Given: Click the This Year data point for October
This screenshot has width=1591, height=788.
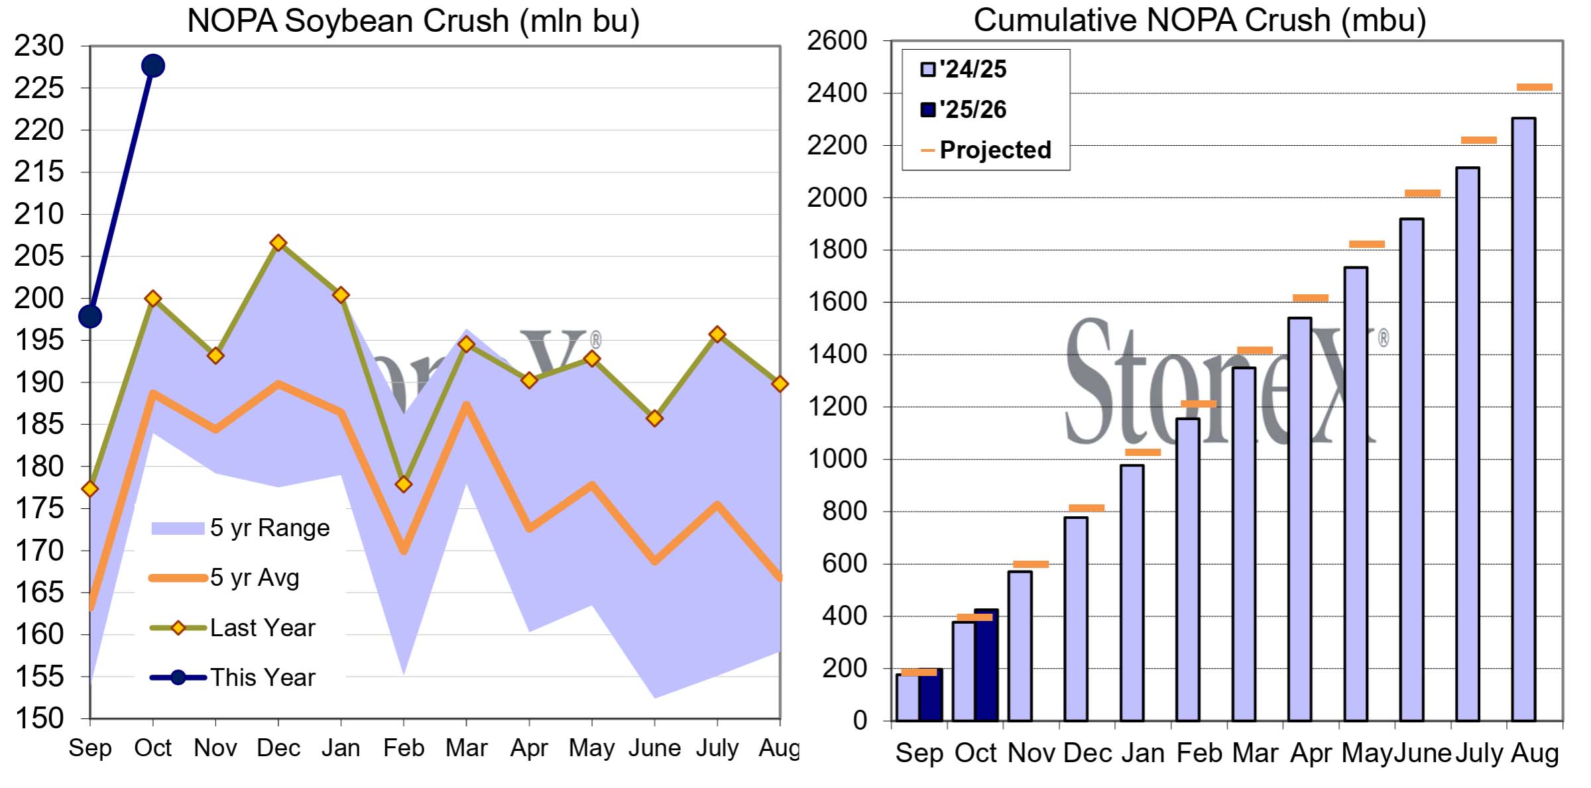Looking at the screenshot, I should pyautogui.click(x=152, y=66).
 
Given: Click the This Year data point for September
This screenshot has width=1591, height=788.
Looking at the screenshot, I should pyautogui.click(x=90, y=317).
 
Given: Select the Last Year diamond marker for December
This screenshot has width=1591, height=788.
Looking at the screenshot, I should pyautogui.click(x=278, y=243).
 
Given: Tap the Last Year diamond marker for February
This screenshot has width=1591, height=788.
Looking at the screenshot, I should pyautogui.click(x=404, y=484).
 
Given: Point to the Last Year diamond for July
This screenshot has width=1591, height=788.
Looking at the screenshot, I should pyautogui.click(x=717, y=334).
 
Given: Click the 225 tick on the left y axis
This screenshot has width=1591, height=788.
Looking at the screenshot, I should pyautogui.click(x=39, y=88).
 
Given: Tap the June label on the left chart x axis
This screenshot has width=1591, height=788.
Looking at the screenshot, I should pyautogui.click(x=654, y=748).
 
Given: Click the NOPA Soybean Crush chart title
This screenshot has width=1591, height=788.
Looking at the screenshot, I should pyautogui.click(x=413, y=21).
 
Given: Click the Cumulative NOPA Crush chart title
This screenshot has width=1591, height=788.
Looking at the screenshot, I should pyautogui.click(x=1199, y=21).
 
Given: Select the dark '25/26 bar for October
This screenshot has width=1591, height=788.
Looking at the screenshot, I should pyautogui.click(x=986, y=665).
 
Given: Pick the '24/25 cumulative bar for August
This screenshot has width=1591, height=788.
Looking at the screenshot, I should pyautogui.click(x=1523, y=419).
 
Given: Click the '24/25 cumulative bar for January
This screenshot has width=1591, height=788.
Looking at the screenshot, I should pyautogui.click(x=1132, y=593).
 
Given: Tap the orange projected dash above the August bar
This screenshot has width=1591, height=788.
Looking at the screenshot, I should pyautogui.click(x=1535, y=87).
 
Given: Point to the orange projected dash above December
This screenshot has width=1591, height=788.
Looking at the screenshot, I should pyautogui.click(x=1087, y=508).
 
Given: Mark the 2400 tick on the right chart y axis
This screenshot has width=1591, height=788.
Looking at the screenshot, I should pyautogui.click(x=837, y=93).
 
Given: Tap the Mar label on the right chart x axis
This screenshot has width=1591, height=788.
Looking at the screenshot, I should pyautogui.click(x=1255, y=754).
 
